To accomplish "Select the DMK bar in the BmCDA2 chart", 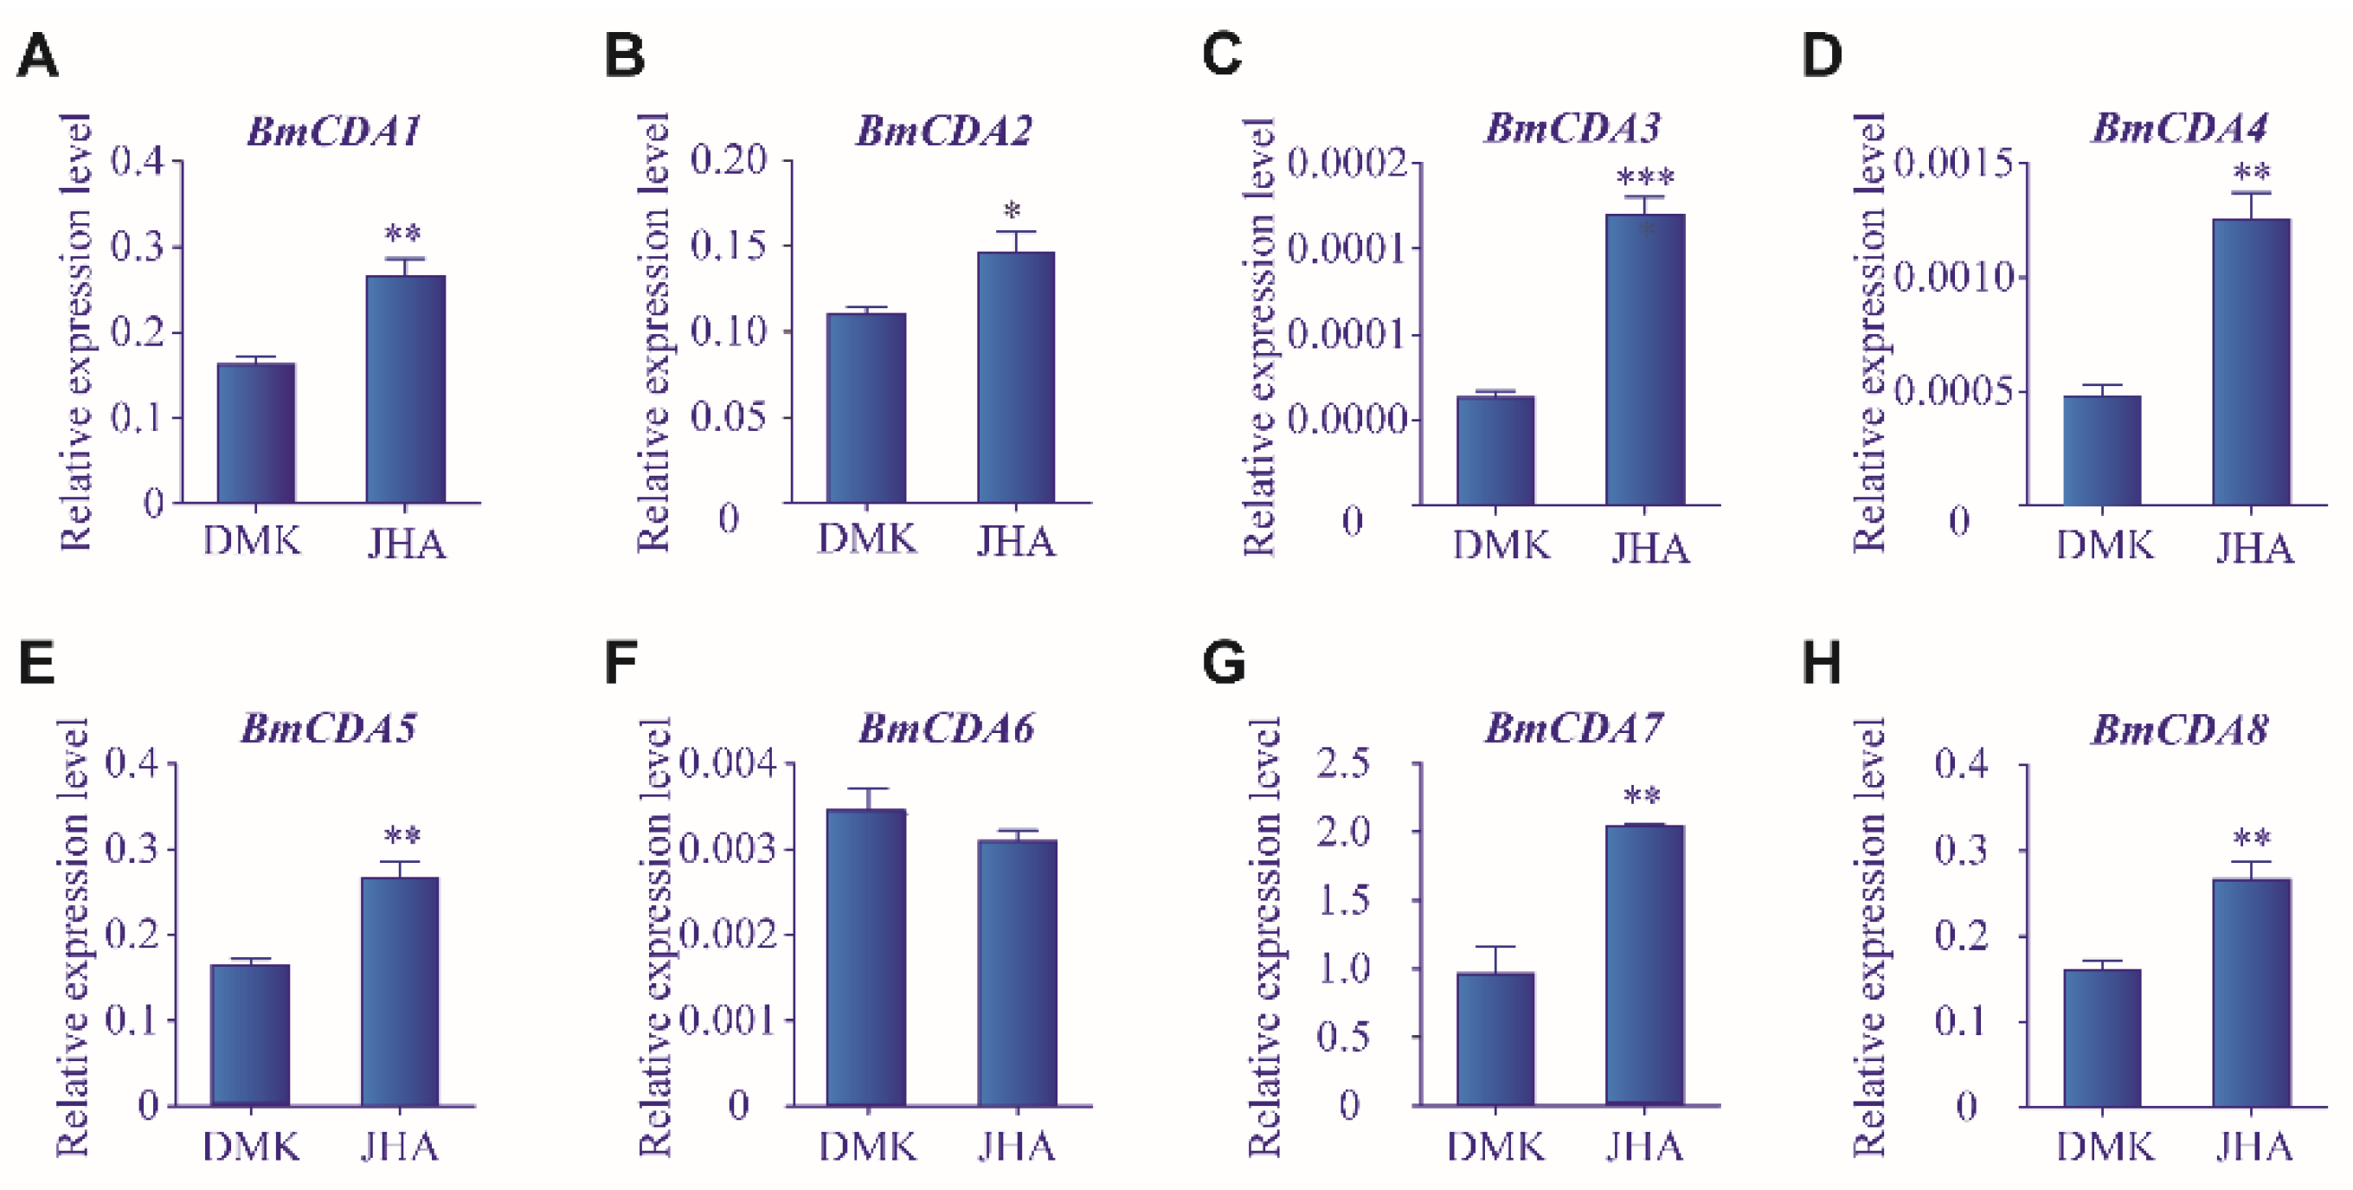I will (x=866, y=408).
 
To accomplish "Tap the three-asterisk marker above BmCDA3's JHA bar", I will (x=1645, y=176).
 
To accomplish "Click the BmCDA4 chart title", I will (x=2179, y=129).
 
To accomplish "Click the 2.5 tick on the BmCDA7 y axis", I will (x=1343, y=762).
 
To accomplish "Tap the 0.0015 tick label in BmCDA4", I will (x=1953, y=164).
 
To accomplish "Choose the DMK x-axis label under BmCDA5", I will (x=250, y=1147).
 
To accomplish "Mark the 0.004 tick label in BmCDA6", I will (x=728, y=762).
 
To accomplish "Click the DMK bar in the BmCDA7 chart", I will (x=1495, y=1039).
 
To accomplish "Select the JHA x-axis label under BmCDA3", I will (x=1649, y=548).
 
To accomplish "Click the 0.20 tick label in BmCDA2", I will (x=728, y=160).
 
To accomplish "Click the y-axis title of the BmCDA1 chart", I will (x=76, y=332).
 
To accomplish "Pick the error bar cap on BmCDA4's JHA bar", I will (x=2252, y=193).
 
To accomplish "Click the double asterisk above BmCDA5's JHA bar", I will (x=402, y=836).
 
